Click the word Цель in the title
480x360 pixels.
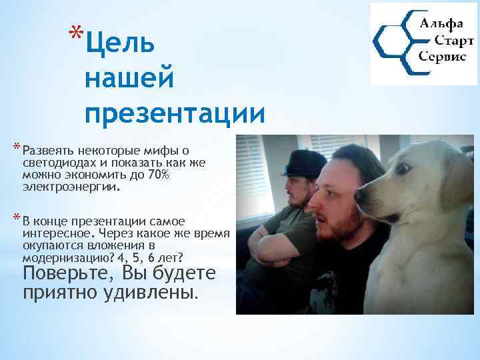click(121, 43)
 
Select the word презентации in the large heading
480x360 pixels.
click(175, 113)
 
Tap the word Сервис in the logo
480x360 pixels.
click(442, 57)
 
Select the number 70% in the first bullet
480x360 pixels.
click(160, 175)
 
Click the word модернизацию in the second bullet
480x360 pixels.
click(60, 257)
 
